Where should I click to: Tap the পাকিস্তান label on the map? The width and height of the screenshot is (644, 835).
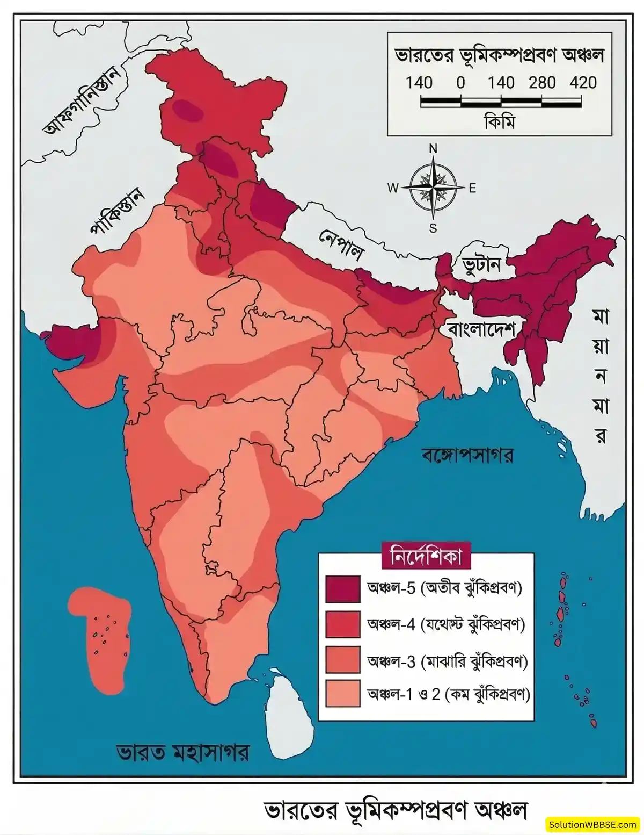coord(118,211)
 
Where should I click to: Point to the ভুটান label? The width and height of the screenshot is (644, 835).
coord(482,264)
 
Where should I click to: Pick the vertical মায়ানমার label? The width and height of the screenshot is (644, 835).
coord(601,376)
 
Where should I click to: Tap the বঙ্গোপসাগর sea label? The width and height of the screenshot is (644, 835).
coord(467,456)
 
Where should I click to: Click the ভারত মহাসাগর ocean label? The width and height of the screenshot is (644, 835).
coord(182,752)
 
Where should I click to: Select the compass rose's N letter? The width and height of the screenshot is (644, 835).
coord(433,149)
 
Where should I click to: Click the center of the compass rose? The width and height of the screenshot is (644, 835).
coord(433,188)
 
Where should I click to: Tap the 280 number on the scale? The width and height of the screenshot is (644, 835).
coord(541,83)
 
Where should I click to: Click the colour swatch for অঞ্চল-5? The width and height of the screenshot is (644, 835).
coord(342,589)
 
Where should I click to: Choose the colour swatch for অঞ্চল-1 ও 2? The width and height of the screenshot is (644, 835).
coord(342,694)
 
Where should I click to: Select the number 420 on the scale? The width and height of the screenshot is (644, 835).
coord(583,83)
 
